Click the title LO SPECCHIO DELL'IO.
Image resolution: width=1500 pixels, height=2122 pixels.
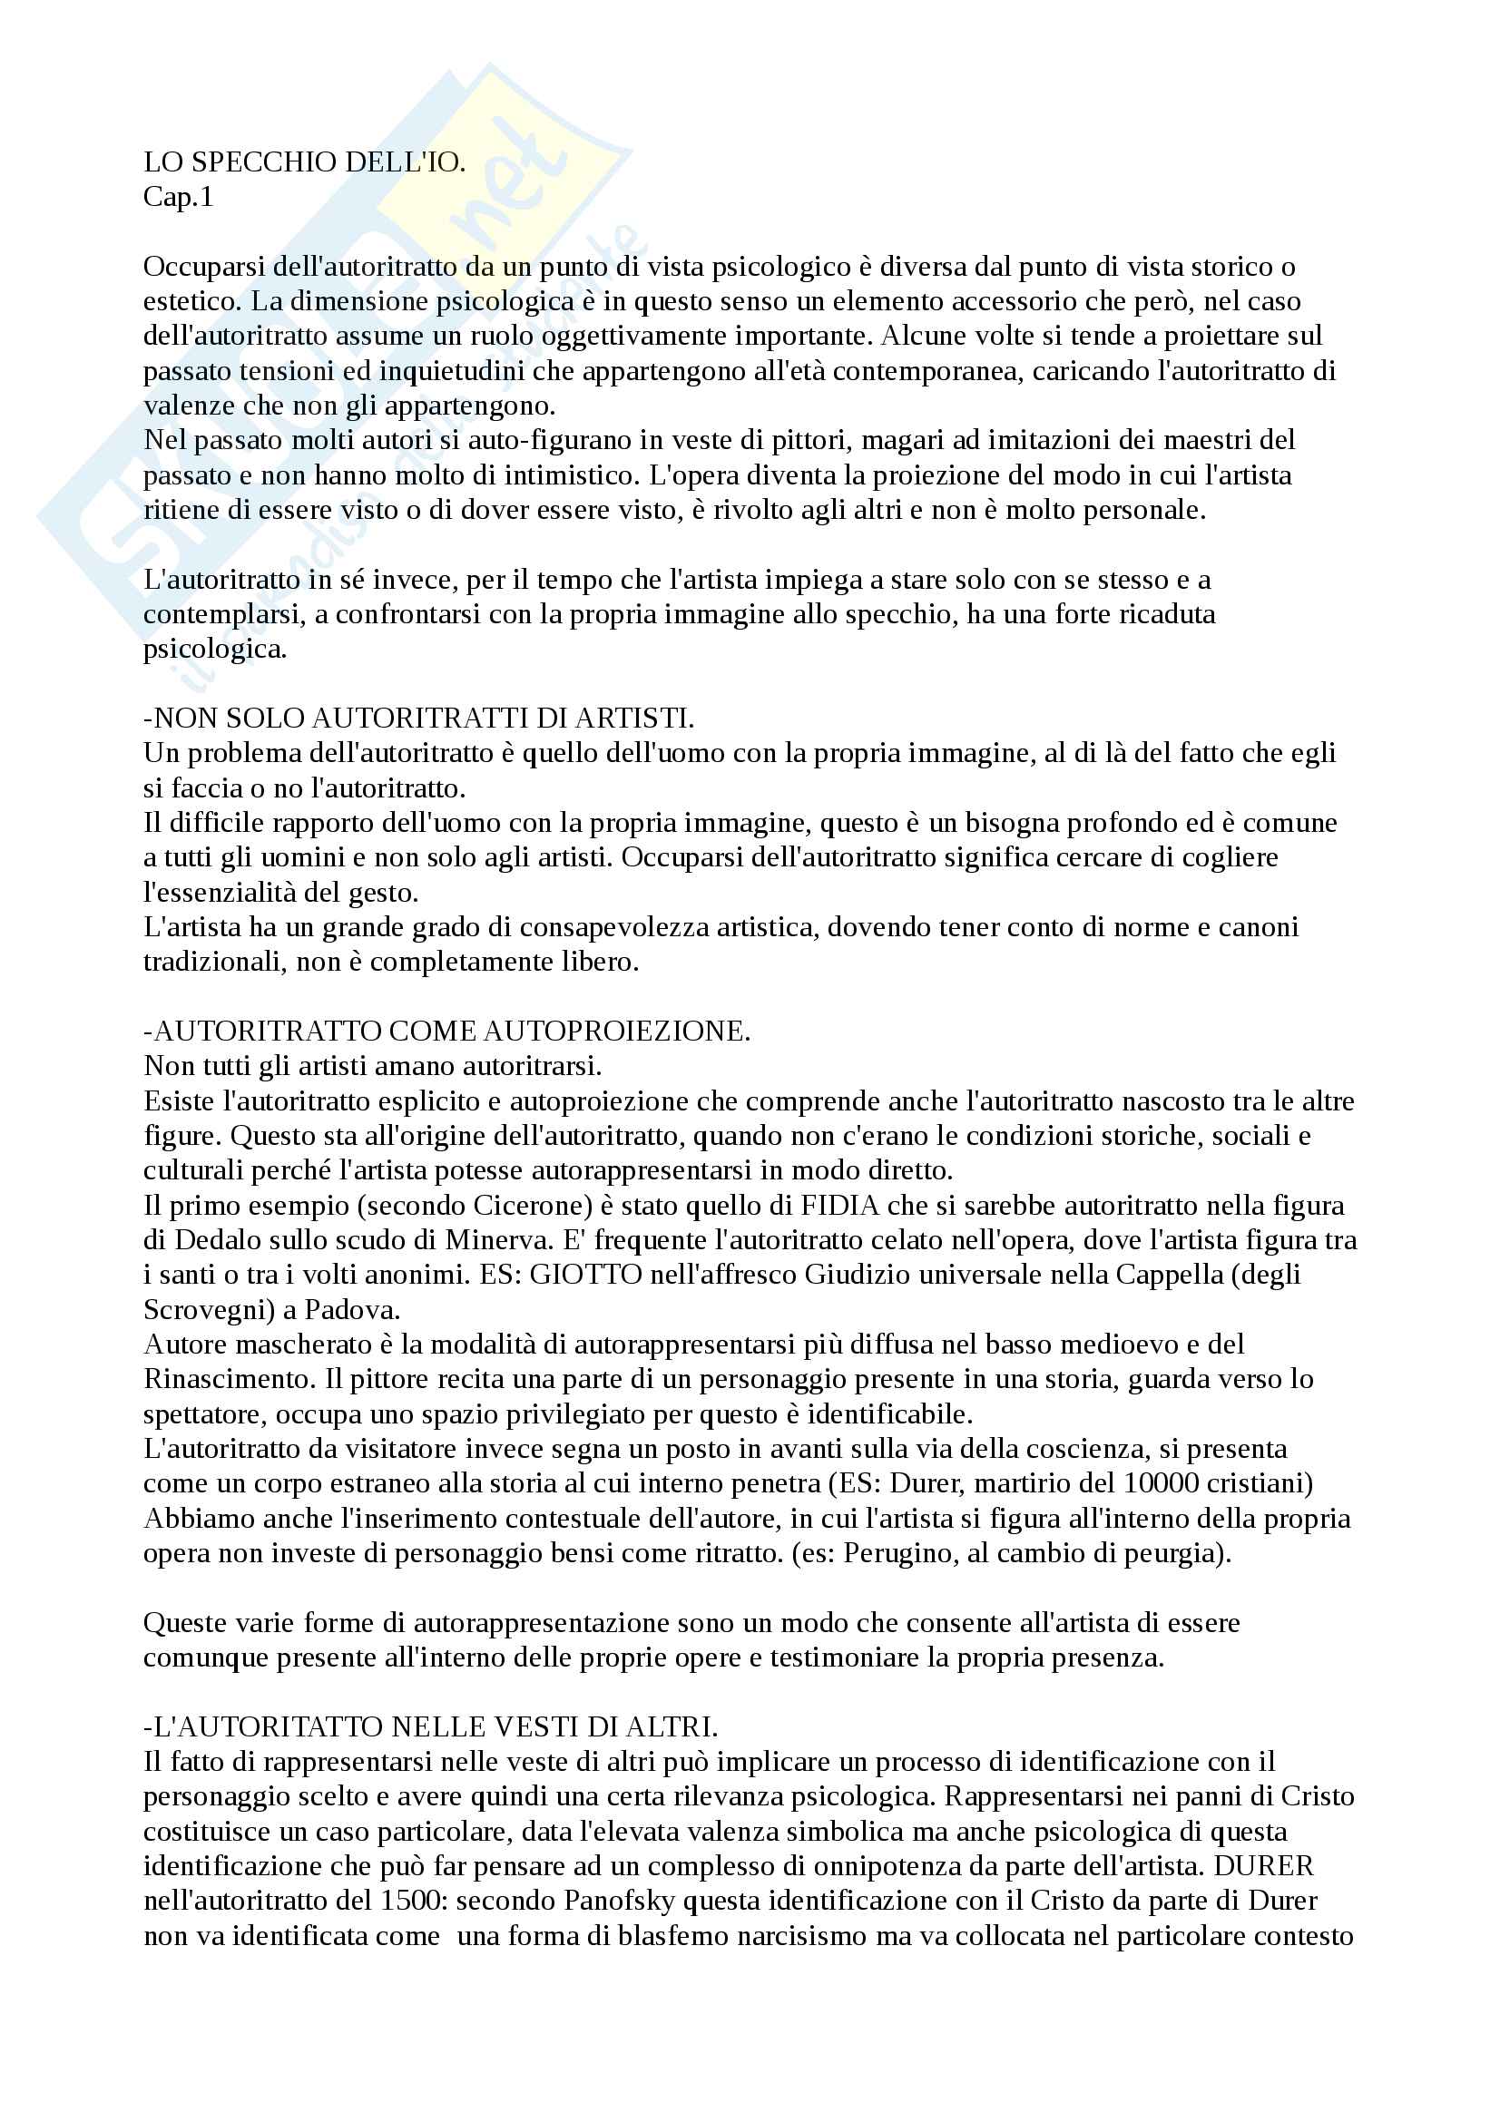[304, 162]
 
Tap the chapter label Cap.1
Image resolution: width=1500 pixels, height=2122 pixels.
[179, 197]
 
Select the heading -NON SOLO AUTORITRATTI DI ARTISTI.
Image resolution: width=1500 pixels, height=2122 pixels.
[418, 719]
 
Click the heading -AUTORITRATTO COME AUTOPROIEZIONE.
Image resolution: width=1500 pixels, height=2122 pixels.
[447, 1032]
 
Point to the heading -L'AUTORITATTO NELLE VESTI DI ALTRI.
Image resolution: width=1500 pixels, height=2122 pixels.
[431, 1726]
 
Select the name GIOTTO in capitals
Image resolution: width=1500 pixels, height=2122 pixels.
[586, 1275]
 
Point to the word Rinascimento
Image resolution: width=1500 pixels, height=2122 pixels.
[227, 1379]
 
